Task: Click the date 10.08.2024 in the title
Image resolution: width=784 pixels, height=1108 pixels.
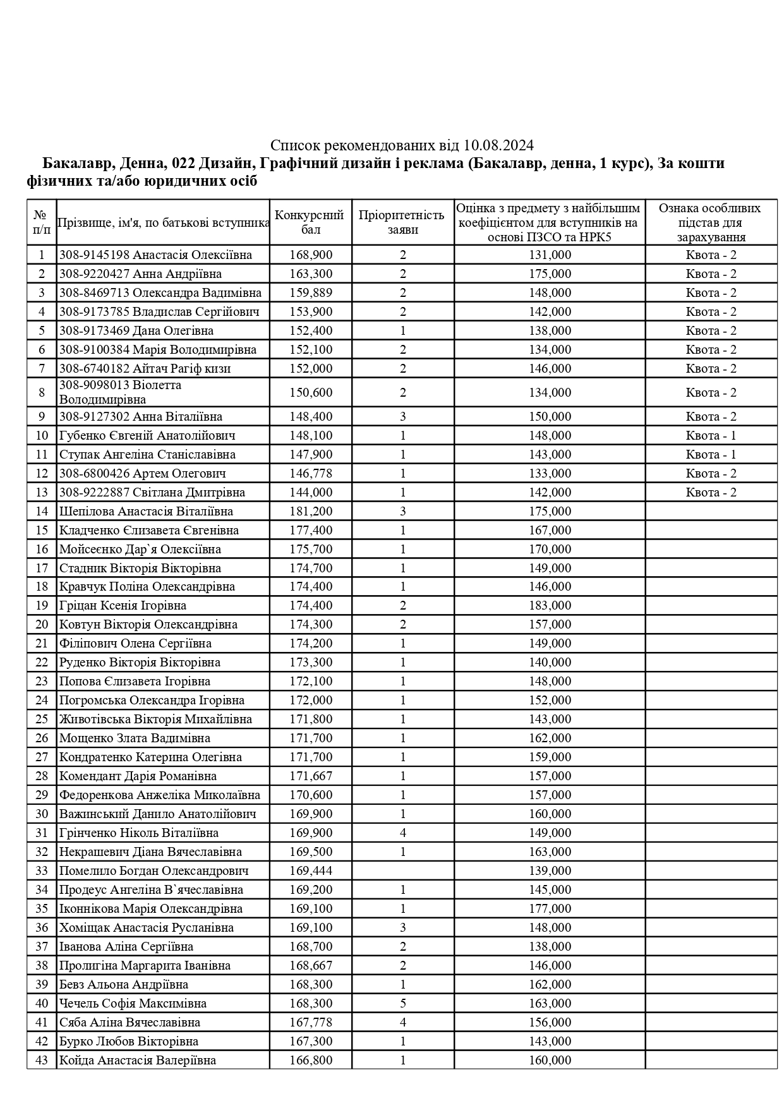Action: (x=498, y=146)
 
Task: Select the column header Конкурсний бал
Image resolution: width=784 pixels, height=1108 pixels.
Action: (x=310, y=222)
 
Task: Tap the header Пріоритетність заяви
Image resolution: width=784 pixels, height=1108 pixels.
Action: (x=402, y=222)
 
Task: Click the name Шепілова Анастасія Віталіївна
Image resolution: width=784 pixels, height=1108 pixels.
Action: (x=146, y=511)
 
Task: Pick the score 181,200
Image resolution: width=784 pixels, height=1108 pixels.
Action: (x=311, y=511)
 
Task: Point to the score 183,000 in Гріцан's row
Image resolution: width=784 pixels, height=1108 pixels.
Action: (x=550, y=605)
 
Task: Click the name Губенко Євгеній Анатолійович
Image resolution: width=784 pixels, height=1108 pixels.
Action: (x=147, y=435)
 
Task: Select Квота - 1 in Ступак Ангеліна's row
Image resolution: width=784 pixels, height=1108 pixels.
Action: (x=711, y=454)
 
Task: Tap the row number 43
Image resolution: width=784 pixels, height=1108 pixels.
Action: (x=42, y=1060)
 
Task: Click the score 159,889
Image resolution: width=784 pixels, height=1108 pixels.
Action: (x=311, y=292)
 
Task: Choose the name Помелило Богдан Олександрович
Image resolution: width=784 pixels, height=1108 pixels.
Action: (x=154, y=870)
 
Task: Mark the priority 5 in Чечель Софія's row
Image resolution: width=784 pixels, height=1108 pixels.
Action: (x=403, y=1003)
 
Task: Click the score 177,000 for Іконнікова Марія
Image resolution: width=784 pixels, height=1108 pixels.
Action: (x=550, y=908)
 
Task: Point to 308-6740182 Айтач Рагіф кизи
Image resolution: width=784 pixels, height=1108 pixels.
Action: (x=145, y=368)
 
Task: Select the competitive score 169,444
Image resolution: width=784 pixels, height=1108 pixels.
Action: (x=311, y=870)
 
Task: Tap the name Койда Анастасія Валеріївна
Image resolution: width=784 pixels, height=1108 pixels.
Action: (x=138, y=1060)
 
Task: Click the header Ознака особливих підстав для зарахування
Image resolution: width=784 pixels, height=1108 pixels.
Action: (x=711, y=222)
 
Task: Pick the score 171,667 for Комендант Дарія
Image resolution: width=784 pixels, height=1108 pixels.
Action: (x=311, y=776)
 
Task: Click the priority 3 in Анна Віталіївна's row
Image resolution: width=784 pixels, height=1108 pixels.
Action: (x=403, y=416)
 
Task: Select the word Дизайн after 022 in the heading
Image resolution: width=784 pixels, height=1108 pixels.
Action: (x=224, y=164)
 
